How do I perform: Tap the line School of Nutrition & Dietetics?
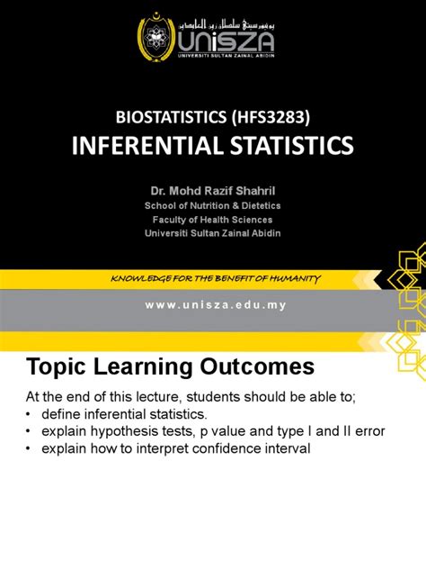point(213,205)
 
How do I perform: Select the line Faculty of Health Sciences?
point(213,219)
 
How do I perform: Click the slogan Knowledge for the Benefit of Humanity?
point(214,253)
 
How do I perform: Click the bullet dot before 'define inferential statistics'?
point(28,414)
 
